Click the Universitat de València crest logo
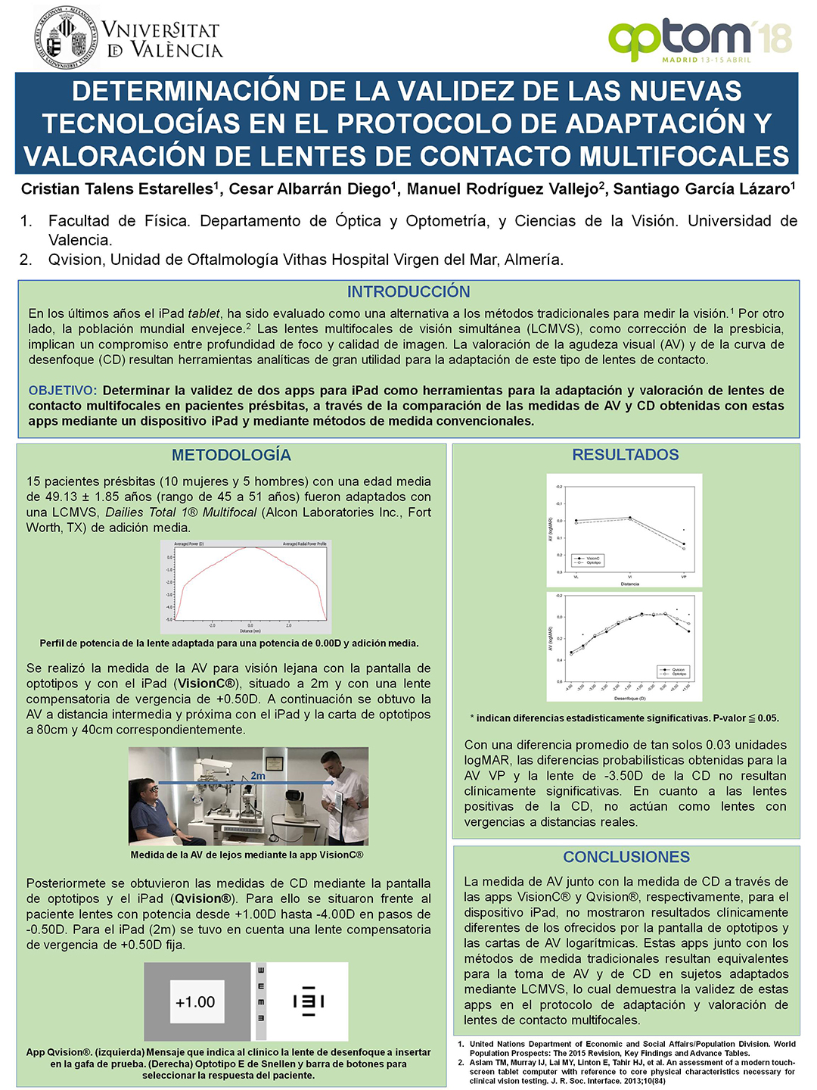pos(67,38)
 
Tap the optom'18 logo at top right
pos(700,39)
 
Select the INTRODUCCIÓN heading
pos(408,291)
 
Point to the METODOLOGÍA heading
pos(231,455)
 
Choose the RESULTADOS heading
pos(626,455)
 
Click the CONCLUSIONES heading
pos(626,857)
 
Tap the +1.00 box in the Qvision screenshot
pos(195,1002)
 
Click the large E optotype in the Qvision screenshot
pos(309,1001)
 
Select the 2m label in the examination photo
pos(258,776)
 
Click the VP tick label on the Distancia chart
pos(684,577)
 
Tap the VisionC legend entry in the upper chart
pos(589,558)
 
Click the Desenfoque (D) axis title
pos(629,698)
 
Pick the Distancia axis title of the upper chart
pos(629,584)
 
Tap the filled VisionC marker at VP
pos(684,543)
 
